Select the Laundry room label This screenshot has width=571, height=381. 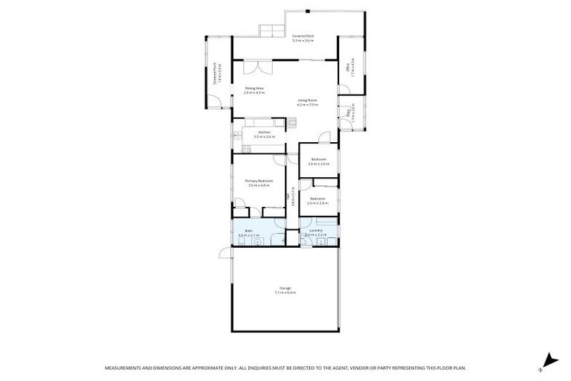point(315,231)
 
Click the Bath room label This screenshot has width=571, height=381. point(250,231)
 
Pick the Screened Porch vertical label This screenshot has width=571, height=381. point(215,73)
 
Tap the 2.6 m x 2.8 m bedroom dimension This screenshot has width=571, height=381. point(317,203)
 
